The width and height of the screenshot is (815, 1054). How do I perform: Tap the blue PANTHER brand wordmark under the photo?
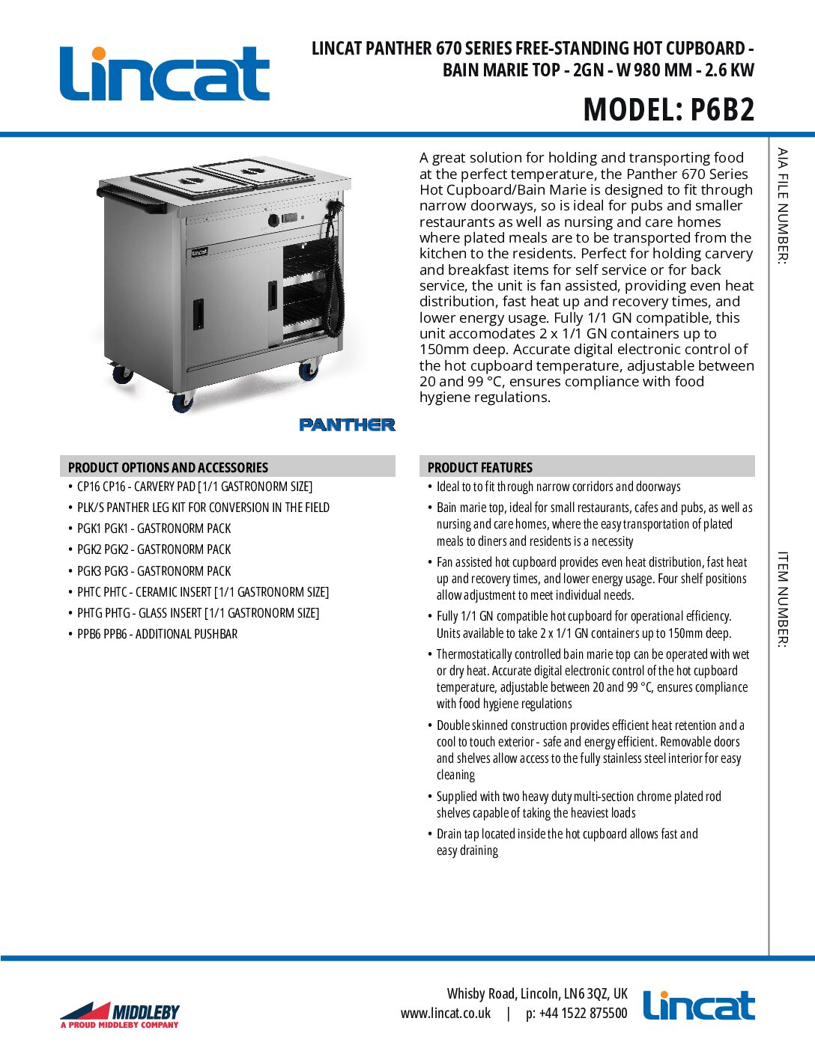pos(347,424)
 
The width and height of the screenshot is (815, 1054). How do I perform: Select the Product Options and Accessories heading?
pos(168,467)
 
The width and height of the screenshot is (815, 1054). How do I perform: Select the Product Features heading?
pos(480,467)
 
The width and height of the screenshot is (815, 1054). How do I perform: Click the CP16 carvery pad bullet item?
pos(195,487)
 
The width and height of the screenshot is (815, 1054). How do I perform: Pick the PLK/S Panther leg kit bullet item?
pos(203,508)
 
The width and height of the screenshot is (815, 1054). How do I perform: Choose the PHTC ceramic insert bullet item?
pos(203,592)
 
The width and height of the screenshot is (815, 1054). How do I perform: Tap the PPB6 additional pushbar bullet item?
pos(157,634)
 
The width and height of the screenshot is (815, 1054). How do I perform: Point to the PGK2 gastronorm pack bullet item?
pos(154,549)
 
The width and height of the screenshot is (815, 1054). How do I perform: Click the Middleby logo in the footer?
pos(120,1014)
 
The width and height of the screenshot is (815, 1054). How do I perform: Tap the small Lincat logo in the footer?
pos(698,1006)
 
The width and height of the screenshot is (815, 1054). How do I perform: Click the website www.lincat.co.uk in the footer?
pos(446,1014)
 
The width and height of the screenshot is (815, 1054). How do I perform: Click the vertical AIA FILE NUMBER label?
pos(782,206)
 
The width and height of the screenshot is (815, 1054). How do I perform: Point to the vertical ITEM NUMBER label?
pos(782,600)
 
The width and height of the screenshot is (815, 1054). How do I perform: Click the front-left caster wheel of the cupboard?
pos(182,402)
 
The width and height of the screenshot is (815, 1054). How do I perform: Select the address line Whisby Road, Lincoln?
pos(537,993)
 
